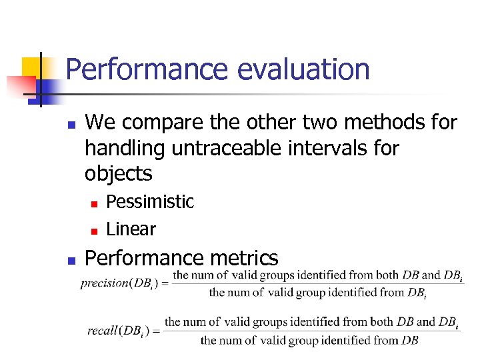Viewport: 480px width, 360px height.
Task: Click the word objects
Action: coord(118,173)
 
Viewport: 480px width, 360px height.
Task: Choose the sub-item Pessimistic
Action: coord(150,202)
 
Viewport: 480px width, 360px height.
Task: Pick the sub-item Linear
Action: coord(131,229)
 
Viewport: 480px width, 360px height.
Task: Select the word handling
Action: coord(125,148)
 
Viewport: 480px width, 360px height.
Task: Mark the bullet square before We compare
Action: coord(71,124)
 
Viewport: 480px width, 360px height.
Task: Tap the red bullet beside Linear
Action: coord(94,231)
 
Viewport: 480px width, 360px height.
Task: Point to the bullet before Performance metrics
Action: coord(71,259)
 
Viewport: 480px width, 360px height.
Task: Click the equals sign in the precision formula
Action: coord(164,283)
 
